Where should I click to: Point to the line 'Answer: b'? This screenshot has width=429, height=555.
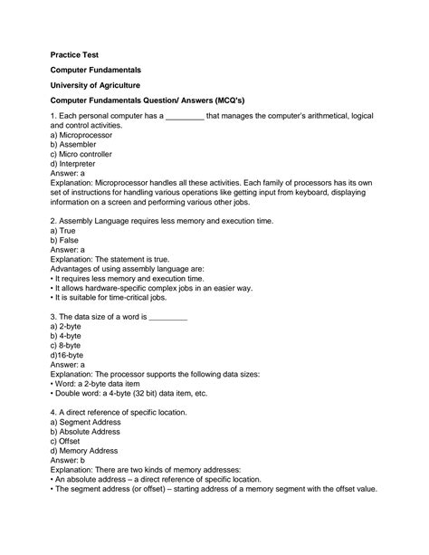(68, 464)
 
